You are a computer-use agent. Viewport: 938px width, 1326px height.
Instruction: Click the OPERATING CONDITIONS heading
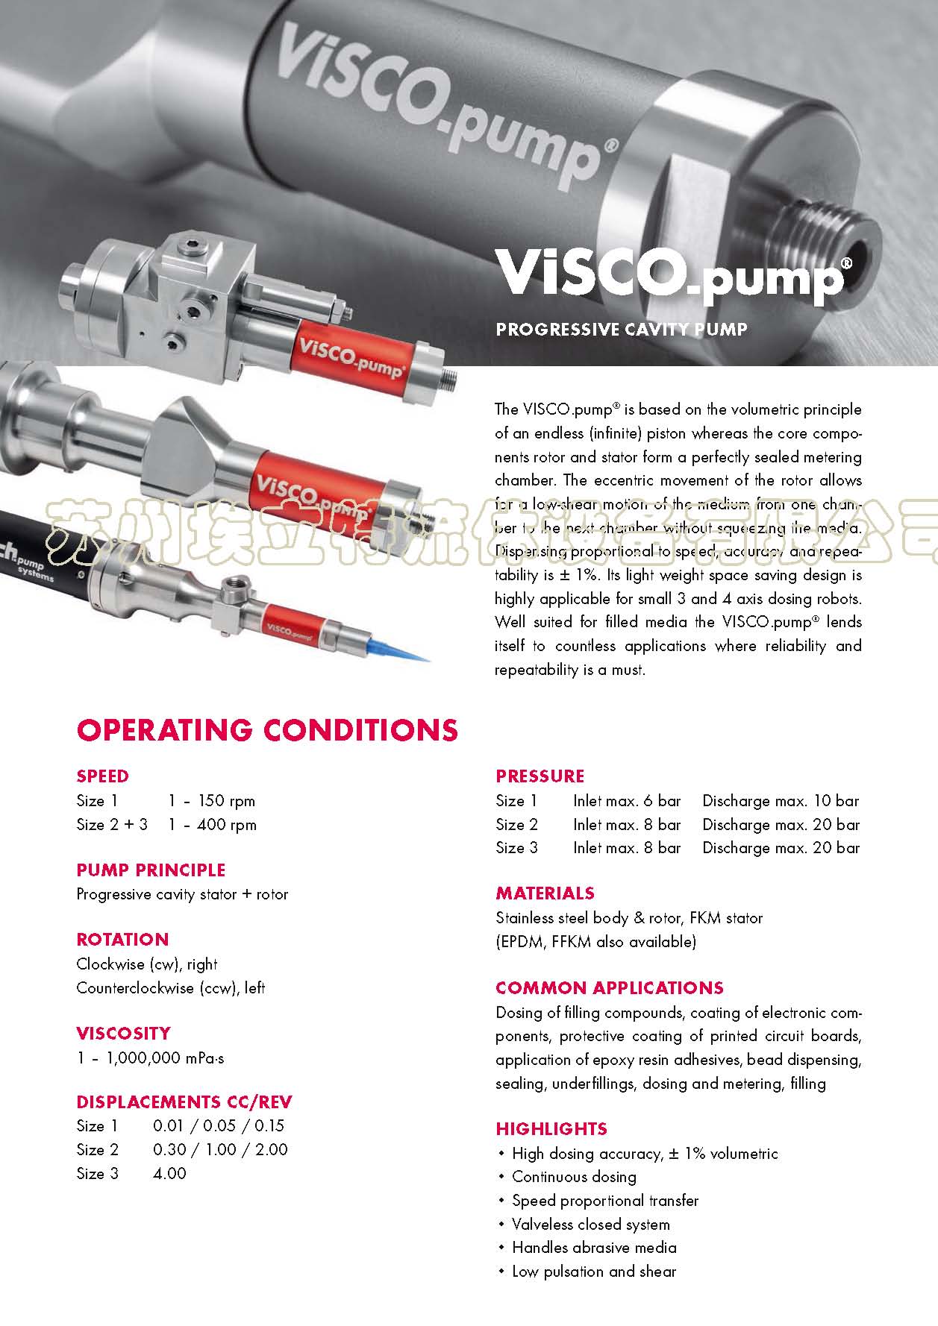pos(266,730)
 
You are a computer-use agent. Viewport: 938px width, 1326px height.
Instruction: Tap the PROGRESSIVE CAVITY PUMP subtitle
pos(621,329)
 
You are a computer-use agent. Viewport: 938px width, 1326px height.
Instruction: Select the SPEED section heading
pos(102,776)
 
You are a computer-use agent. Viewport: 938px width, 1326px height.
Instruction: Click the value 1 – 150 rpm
pos(211,801)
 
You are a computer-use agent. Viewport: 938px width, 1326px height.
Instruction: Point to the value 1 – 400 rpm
pos(212,825)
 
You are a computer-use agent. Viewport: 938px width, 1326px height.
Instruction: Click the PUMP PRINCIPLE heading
pos(151,870)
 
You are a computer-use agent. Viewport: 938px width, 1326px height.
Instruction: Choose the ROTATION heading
pos(122,940)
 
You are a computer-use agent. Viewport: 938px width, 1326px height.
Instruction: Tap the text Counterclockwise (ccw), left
pos(170,988)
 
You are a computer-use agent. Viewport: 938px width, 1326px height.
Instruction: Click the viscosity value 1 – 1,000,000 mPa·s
pos(150,1058)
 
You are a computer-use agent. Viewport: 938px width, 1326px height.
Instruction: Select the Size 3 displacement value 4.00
pos(169,1174)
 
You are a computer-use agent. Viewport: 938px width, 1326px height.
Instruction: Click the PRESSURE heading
pos(540,776)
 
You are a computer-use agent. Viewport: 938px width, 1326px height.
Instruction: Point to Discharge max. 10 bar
pos(781,801)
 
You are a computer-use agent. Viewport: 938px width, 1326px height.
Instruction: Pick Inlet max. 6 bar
pos(627,801)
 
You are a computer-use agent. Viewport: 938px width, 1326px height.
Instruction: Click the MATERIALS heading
pos(545,893)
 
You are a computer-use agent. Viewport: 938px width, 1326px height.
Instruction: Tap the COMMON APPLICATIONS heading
pos(609,988)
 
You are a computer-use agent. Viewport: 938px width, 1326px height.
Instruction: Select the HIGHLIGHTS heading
pos(551,1129)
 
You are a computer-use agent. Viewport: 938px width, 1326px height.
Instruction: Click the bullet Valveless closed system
pos(590,1225)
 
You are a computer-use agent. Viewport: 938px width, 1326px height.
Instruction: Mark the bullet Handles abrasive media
pos(594,1248)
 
